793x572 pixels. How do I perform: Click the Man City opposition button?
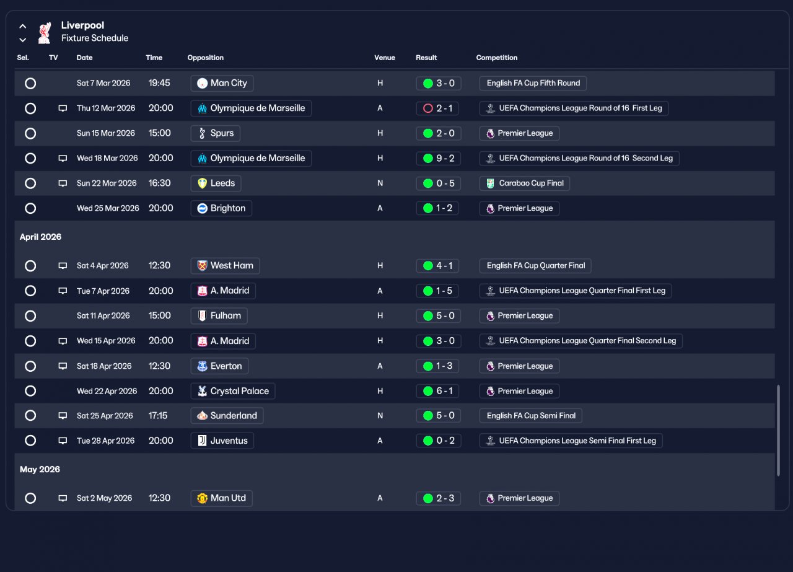coord(222,83)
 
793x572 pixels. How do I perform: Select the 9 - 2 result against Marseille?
coord(438,158)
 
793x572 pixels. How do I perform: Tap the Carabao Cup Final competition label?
coord(524,183)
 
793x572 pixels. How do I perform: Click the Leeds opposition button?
coord(216,183)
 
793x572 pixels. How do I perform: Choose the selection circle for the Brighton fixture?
coord(30,208)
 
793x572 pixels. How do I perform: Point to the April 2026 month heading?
coord(40,237)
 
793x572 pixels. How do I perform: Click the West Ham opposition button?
coord(225,266)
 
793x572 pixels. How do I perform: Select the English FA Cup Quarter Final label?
coord(535,266)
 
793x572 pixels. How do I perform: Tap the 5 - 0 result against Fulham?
coord(438,316)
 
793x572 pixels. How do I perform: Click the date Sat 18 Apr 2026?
coord(104,366)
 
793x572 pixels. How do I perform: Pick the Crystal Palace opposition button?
coord(232,391)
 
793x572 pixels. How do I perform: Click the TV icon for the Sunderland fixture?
coord(63,416)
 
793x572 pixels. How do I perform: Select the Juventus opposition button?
coord(222,441)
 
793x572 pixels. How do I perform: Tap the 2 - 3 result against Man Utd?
coord(438,498)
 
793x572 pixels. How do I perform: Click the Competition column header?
coord(496,58)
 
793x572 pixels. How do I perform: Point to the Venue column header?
coord(384,58)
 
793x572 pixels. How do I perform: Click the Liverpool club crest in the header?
coord(44,33)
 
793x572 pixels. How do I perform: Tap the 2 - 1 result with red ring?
coord(438,108)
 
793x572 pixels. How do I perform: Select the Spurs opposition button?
coord(215,133)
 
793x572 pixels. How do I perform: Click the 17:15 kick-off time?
coord(158,416)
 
